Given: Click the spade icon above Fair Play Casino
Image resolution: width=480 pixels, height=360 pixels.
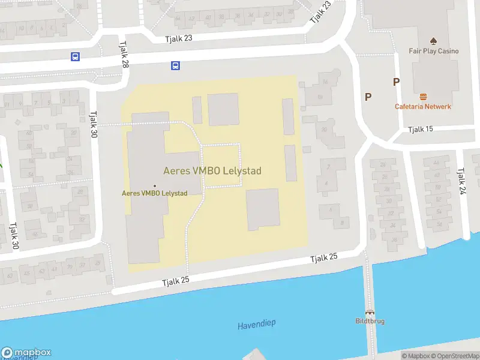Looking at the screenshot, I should pyautogui.click(x=433, y=41).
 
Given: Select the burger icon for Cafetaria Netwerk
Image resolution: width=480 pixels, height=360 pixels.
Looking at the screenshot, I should pyautogui.click(x=423, y=96).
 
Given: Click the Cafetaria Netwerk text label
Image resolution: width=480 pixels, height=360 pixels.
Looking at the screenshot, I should pyautogui.click(x=423, y=106).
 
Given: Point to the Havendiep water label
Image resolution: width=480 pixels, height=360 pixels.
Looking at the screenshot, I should pyautogui.click(x=256, y=324).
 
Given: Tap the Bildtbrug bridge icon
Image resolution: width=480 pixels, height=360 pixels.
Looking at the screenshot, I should pyautogui.click(x=370, y=312).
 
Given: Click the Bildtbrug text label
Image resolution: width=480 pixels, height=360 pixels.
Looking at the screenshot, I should pyautogui.click(x=370, y=321).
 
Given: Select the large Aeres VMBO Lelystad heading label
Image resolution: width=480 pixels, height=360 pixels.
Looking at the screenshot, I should pyautogui.click(x=212, y=171).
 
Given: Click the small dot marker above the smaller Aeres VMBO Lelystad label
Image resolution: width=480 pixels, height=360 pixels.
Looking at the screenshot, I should pyautogui.click(x=155, y=185).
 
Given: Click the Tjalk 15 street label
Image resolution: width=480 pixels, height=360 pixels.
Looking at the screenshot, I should pyautogui.click(x=420, y=130).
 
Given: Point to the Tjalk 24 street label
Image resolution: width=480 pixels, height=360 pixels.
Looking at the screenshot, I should pyautogui.click(x=461, y=181).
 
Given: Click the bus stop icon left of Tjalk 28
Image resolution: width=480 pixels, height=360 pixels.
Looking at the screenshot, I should pyautogui.click(x=75, y=57).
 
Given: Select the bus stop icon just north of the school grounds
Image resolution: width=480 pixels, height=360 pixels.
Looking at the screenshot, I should pyautogui.click(x=175, y=65).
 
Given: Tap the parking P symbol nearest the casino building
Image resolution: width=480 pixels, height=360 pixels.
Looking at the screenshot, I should pyautogui.click(x=396, y=82).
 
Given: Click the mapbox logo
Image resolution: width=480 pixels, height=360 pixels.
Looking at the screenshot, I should pyautogui.click(x=26, y=353).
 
